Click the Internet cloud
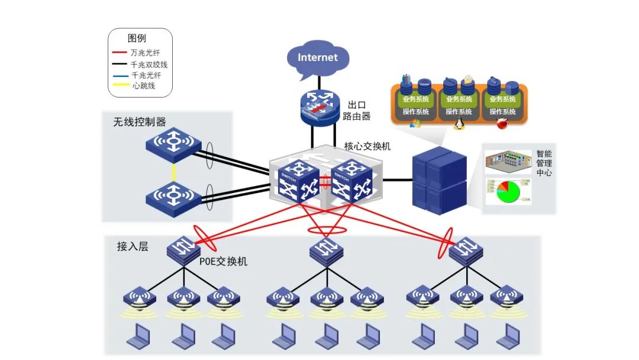(x=318, y=57)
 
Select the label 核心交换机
(x=367, y=146)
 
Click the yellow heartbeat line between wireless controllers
(x=173, y=173)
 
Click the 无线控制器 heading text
(x=140, y=122)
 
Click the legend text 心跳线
(x=143, y=86)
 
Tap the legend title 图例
(x=137, y=38)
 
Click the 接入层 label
(x=132, y=247)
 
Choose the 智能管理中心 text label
(x=544, y=163)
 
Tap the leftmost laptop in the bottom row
(x=138, y=336)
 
